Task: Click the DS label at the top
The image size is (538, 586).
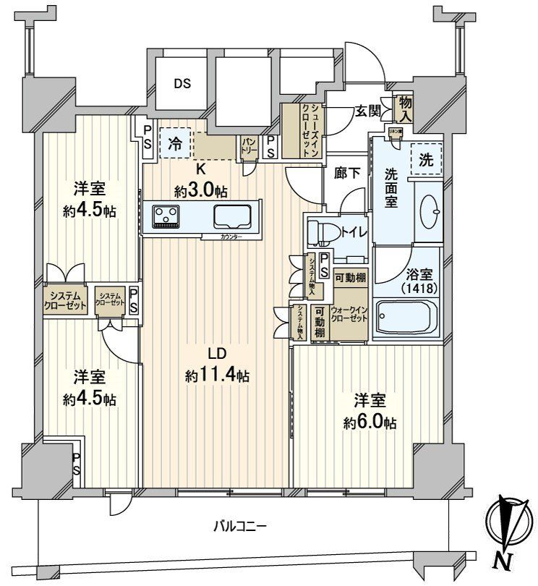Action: pos(182,83)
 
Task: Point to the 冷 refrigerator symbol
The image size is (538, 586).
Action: pos(176,142)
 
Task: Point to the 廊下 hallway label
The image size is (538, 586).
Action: pos(346,174)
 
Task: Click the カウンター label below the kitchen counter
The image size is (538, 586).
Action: pos(231,237)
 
